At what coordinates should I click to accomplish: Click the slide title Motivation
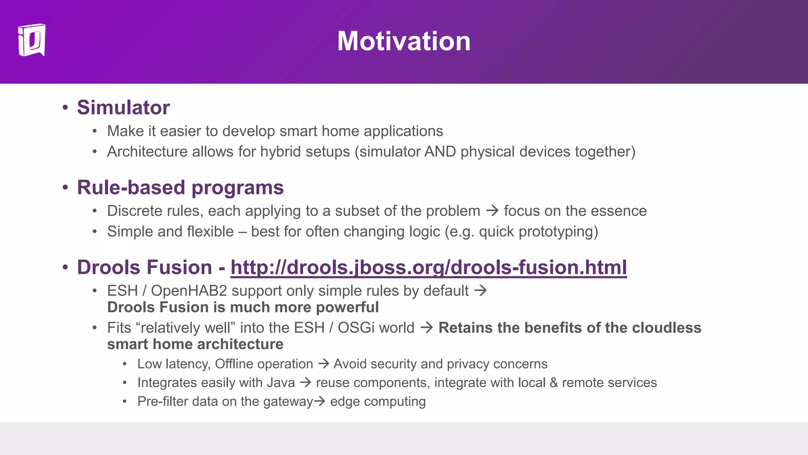click(x=404, y=41)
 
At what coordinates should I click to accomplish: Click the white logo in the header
click(x=32, y=40)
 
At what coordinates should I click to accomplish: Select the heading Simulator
click(x=123, y=107)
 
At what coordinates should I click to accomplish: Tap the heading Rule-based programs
click(x=180, y=187)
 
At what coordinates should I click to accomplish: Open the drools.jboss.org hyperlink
click(x=428, y=267)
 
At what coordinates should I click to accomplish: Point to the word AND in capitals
click(x=440, y=152)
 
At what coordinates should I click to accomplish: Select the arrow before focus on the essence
click(x=492, y=211)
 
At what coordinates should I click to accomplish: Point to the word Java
click(x=281, y=383)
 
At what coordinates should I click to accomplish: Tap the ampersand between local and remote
click(x=554, y=383)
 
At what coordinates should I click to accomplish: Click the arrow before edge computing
click(x=319, y=401)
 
